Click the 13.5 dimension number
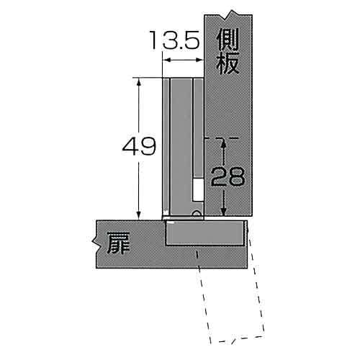click(175, 40)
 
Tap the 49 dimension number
click(139, 146)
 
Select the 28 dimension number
click(228, 176)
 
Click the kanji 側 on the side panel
click(228, 40)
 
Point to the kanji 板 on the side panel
click(228, 63)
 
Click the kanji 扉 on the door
click(119, 243)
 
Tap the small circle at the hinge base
click(197, 213)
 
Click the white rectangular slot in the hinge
click(198, 189)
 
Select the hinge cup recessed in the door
click(206, 233)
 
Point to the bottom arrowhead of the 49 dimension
click(139, 215)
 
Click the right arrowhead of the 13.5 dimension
click(199, 60)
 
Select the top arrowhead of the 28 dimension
click(224, 143)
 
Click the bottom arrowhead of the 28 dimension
click(224, 211)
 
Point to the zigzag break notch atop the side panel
click(230, 15)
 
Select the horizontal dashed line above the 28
click(221, 138)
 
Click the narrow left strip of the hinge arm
click(166, 146)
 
